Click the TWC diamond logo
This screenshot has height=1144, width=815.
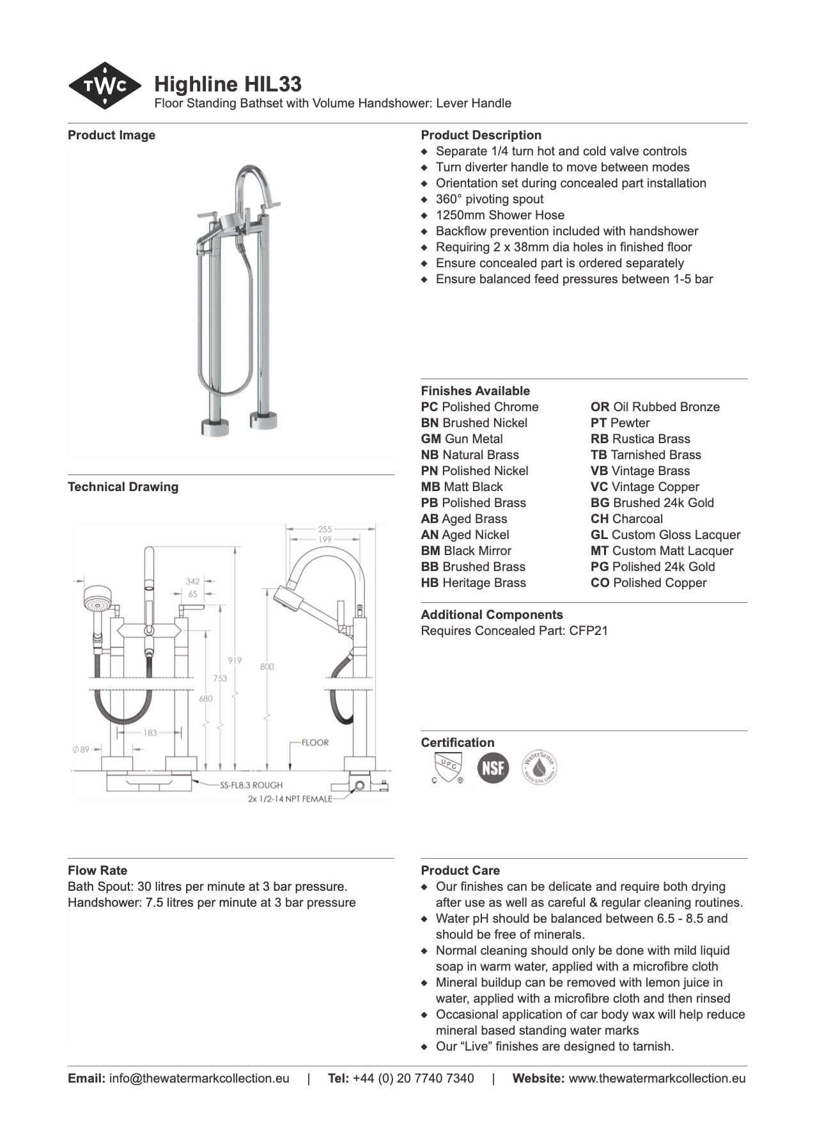click(105, 86)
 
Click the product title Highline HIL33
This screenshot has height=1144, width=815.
click(228, 84)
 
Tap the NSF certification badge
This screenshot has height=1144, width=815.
click(493, 767)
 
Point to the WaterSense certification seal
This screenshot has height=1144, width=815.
click(539, 767)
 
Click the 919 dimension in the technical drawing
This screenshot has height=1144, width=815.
click(235, 660)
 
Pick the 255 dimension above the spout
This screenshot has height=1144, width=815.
click(325, 529)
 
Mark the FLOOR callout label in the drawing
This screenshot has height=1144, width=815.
click(315, 742)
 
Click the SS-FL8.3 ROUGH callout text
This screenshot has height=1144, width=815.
click(251, 785)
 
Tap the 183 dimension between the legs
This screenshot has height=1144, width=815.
click(150, 732)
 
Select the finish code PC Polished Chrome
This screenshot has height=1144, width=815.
click(479, 407)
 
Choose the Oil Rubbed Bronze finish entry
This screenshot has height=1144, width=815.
click(655, 407)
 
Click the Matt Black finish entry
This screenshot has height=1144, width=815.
click(462, 487)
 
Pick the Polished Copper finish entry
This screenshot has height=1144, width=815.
click(648, 583)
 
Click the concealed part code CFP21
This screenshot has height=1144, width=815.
click(588, 631)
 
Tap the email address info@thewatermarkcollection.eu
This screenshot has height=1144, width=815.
click(199, 1078)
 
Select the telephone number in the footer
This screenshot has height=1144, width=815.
click(413, 1078)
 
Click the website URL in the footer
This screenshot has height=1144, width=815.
click(656, 1078)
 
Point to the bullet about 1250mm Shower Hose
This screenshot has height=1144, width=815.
click(500, 215)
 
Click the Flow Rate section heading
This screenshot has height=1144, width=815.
click(97, 870)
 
